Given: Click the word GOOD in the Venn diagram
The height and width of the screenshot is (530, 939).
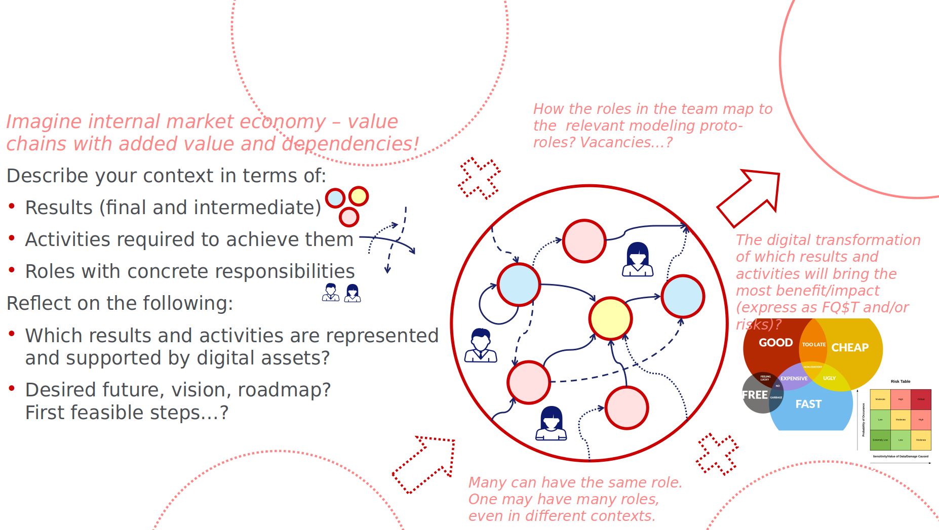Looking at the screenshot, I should click(x=775, y=343).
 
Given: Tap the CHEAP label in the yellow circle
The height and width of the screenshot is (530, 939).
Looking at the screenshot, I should click(x=850, y=348).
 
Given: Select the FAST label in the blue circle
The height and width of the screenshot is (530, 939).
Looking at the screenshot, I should click(x=808, y=404).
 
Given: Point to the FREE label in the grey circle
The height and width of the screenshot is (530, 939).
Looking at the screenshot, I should click(x=755, y=395).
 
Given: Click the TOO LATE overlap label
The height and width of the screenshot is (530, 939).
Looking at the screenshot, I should click(x=813, y=345).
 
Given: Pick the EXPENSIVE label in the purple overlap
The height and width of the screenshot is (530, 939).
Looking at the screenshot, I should click(x=794, y=379).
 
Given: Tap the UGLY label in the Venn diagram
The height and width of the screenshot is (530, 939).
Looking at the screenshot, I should click(x=829, y=378).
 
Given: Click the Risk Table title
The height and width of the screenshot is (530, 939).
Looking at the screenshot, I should click(x=901, y=382).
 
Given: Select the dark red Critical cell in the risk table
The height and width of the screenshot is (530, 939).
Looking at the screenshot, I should click(x=921, y=399).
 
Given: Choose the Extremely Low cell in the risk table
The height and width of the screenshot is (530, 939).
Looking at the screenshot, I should click(x=880, y=440).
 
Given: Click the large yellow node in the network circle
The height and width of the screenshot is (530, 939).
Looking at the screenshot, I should click(x=610, y=318).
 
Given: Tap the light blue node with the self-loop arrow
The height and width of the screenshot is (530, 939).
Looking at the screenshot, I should click(x=519, y=285).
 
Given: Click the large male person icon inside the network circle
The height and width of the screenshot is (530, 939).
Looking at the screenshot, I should click(x=481, y=345).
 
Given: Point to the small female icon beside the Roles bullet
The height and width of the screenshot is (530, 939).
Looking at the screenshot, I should click(x=353, y=293).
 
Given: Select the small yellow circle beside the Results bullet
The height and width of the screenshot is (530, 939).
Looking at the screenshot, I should click(x=359, y=196).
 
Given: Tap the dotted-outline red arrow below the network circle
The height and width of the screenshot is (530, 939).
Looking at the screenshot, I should click(x=423, y=464).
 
